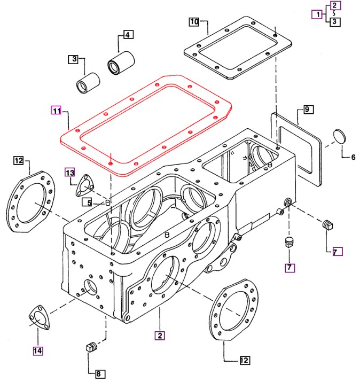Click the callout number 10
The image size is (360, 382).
coord(193,22)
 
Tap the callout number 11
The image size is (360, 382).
coord(56,111)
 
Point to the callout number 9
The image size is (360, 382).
coord(308,110)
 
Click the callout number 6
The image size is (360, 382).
coord(353,157)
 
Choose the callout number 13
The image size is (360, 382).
coord(70,172)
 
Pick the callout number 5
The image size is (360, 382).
coord(90,202)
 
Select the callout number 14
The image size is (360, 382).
coord(38,350)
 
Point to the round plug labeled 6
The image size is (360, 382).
coord(340,136)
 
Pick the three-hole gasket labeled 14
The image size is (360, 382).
coord(38,317)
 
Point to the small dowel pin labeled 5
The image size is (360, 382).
coord(107,202)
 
